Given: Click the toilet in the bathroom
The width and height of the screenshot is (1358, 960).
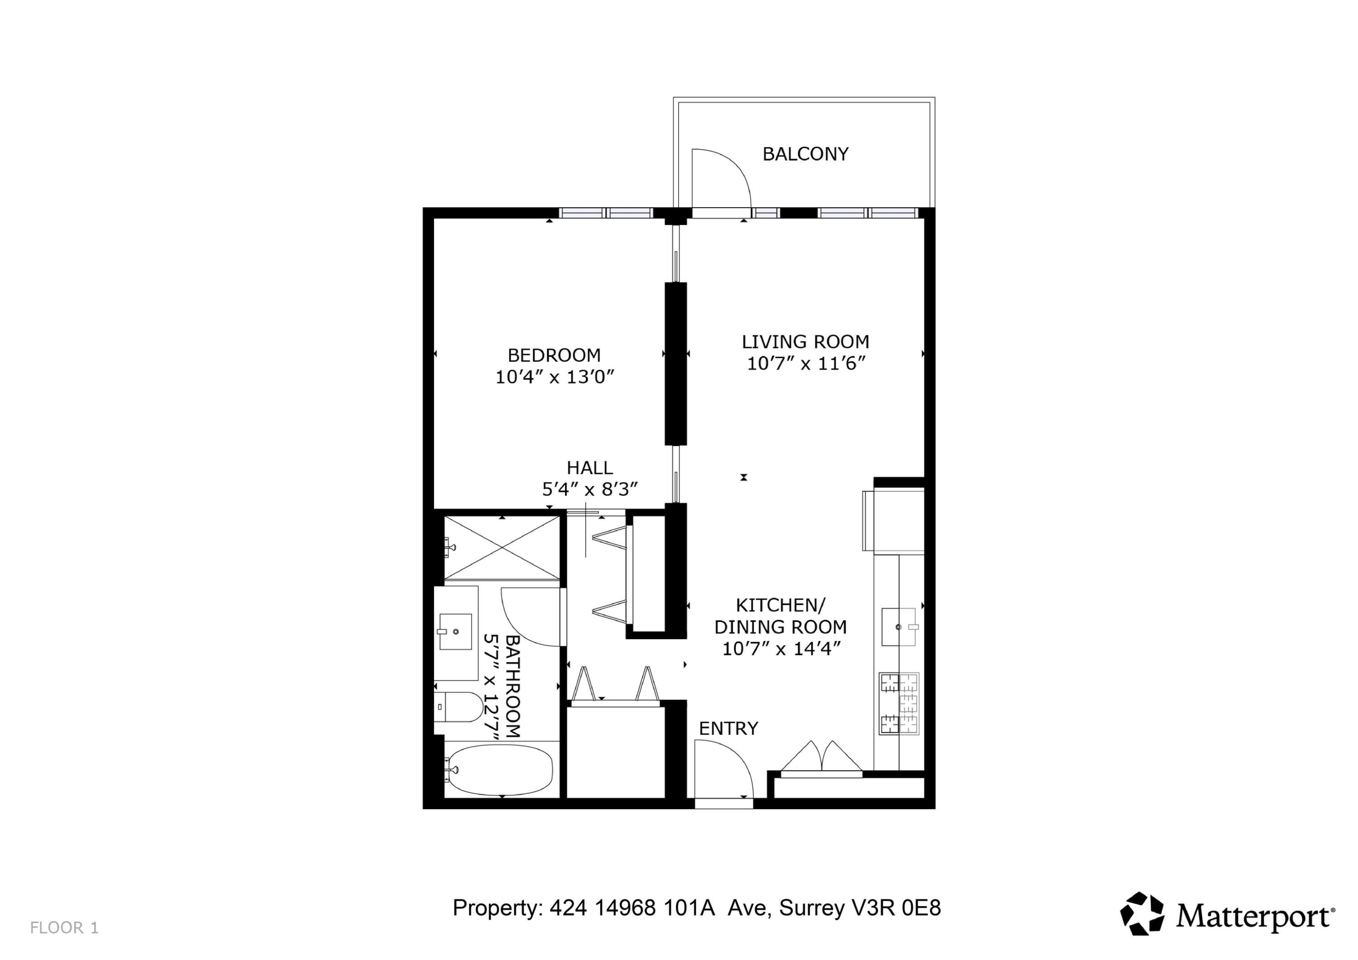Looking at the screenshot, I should point(461,707).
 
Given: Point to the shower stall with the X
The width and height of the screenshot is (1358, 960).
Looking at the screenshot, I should point(502,548).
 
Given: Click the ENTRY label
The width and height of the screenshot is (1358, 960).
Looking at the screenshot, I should point(728,729).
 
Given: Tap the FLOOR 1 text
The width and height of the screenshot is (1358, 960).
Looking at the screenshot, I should point(64,927).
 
